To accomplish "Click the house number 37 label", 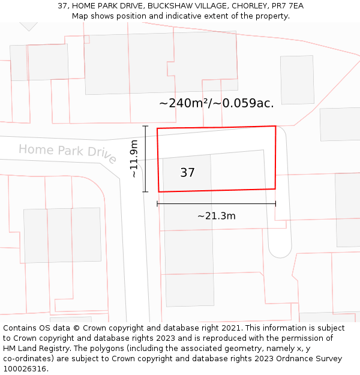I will coord(187,173).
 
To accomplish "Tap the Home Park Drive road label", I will coord(67,152).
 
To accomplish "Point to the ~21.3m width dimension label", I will coord(216,216).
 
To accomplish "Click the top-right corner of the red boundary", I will coord(275,126).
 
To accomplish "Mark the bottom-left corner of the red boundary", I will coord(159,192).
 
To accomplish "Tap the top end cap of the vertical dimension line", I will coord(145,126).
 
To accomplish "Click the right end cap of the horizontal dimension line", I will coord(275,204).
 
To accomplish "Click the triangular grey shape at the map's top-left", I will coord(28,26).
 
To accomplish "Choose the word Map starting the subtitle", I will coord(80,16).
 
